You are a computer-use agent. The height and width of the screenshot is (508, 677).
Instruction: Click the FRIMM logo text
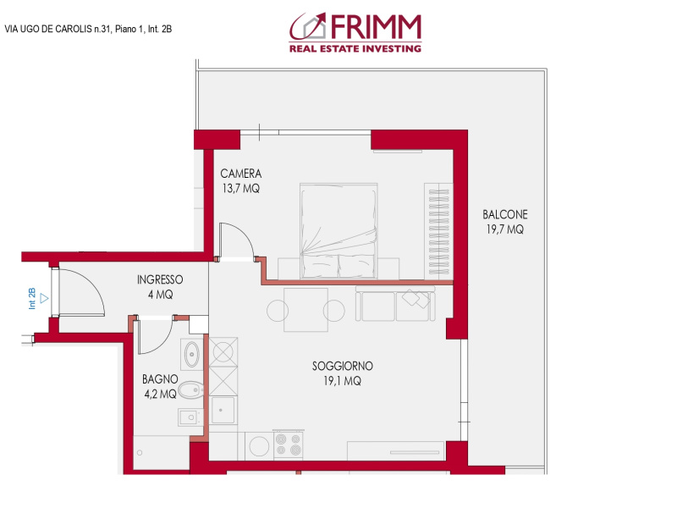372,28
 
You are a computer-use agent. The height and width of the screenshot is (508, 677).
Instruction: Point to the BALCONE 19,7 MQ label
505,222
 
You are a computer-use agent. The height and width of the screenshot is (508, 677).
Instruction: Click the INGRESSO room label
160,287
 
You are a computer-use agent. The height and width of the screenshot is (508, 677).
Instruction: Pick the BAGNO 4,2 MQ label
159,386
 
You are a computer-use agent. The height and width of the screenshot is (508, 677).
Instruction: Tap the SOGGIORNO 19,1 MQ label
342,373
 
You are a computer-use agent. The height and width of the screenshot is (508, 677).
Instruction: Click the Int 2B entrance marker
35,297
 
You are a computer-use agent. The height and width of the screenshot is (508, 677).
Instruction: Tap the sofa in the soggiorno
397,305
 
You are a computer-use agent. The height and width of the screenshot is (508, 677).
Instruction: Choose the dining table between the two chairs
305,310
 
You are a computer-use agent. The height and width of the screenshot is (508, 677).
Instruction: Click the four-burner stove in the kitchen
288,444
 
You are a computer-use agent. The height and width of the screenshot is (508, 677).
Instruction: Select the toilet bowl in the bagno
192,391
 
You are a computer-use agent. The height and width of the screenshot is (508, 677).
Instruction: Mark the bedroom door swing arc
234,239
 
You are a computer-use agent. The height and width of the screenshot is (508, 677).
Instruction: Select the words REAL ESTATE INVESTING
355,49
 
